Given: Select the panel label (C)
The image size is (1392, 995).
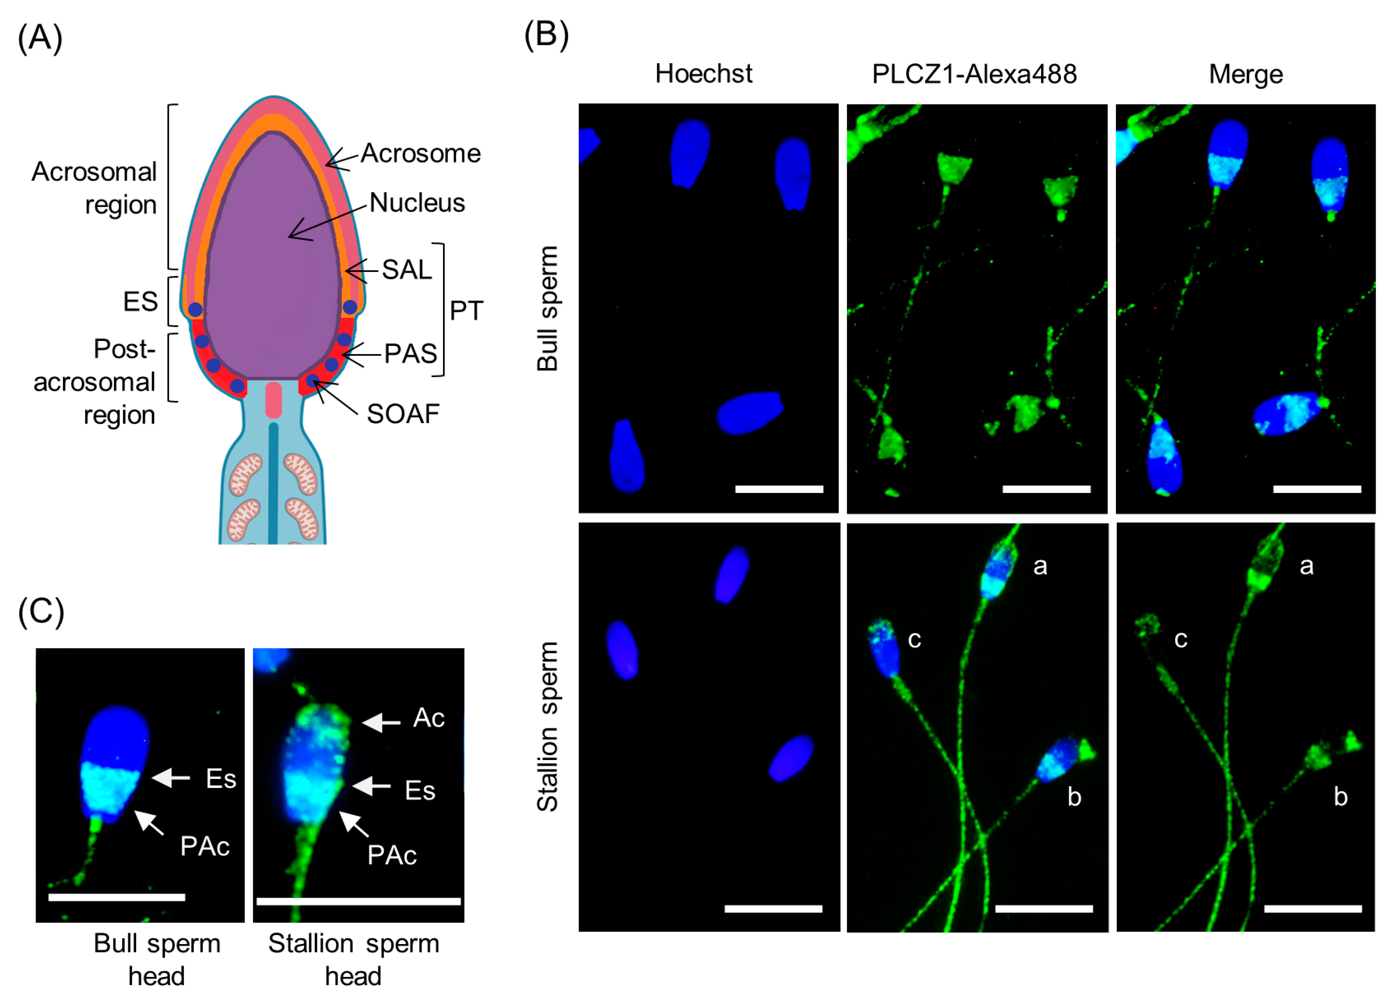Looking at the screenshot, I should (x=40, y=611).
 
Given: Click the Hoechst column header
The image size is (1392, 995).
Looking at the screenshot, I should (x=703, y=74).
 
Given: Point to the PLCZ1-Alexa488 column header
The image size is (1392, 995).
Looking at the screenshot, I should (x=974, y=74).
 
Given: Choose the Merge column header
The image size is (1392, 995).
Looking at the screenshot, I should (x=1246, y=74).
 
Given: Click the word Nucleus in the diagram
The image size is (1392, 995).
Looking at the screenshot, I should (x=417, y=203).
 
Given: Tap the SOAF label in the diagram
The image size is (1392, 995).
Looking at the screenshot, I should (x=403, y=414).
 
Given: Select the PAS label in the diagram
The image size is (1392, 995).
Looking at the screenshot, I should (x=410, y=354).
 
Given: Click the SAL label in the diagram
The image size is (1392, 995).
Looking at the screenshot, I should (x=407, y=269).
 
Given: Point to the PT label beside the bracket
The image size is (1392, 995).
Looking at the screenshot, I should (x=466, y=311).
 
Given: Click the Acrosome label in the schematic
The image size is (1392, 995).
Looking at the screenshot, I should (x=420, y=153).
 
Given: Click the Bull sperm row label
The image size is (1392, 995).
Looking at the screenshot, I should (x=547, y=308).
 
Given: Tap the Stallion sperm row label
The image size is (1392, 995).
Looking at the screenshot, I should (x=547, y=726).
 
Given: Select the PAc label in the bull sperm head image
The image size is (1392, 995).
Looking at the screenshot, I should (x=205, y=846).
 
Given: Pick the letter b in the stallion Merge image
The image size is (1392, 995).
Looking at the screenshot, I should (x=1341, y=797).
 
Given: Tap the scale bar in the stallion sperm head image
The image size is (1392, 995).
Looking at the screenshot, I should (x=358, y=901).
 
